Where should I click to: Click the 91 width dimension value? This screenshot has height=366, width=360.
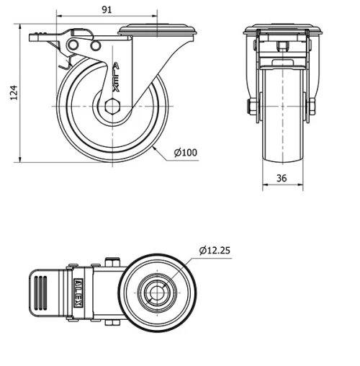[106, 9]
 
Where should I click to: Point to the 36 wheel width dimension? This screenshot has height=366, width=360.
[282, 177]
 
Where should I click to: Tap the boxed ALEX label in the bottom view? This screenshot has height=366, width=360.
[76, 292]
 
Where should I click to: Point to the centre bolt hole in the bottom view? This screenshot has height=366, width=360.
[157, 293]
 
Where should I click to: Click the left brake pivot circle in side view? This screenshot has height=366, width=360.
[73, 45]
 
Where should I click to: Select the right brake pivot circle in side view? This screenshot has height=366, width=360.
[95, 45]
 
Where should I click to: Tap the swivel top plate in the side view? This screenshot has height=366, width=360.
[157, 29]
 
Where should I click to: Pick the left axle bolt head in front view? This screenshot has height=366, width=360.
[251, 108]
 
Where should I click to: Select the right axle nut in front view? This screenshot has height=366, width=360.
[315, 108]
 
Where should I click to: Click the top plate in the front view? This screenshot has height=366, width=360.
[282, 30]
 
